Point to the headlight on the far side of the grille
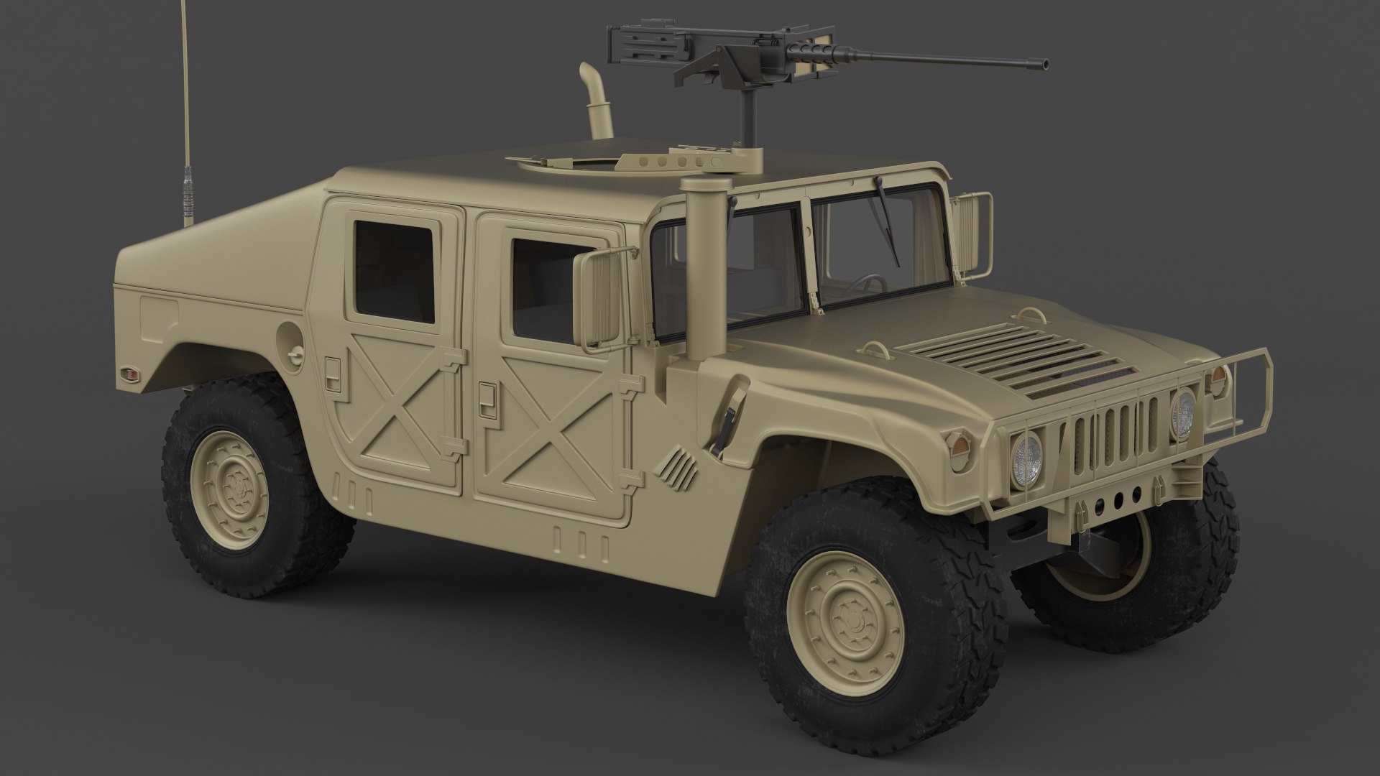coord(1183,414)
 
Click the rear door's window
coord(394,271)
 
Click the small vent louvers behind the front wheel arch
coord(679,468)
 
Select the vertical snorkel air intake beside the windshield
coord(696,273)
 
